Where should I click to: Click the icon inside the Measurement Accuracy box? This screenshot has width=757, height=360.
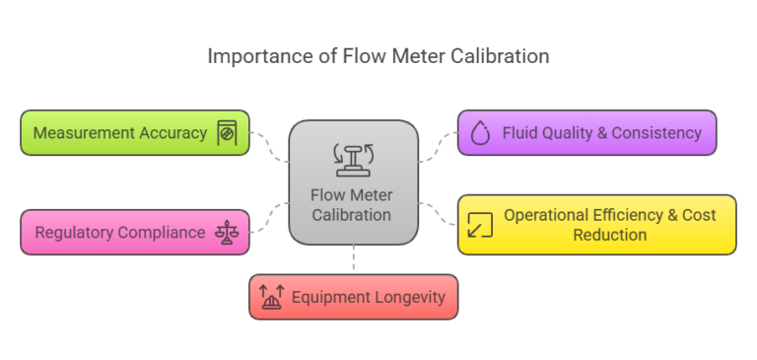pyautogui.click(x=227, y=133)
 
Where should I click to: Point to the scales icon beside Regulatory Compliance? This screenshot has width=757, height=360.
pyautogui.click(x=228, y=233)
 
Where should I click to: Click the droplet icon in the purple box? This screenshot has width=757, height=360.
pyautogui.click(x=480, y=134)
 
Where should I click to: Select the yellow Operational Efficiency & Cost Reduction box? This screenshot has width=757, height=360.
pyautogui.click(x=596, y=225)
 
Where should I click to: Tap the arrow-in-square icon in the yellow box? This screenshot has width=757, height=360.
pyautogui.click(x=480, y=225)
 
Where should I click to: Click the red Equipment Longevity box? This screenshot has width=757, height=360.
pyautogui.click(x=353, y=297)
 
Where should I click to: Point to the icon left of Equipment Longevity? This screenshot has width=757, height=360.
pyautogui.click(x=272, y=297)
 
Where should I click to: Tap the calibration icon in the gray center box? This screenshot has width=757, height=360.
pyautogui.click(x=353, y=157)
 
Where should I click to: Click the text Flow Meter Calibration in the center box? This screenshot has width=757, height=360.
pyautogui.click(x=353, y=205)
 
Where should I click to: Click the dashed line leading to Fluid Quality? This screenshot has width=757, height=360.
pyautogui.click(x=438, y=146)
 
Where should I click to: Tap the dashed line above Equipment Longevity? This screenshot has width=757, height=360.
pyautogui.click(x=353, y=259)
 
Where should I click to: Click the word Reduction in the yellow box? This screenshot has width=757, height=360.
pyautogui.click(x=609, y=235)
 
